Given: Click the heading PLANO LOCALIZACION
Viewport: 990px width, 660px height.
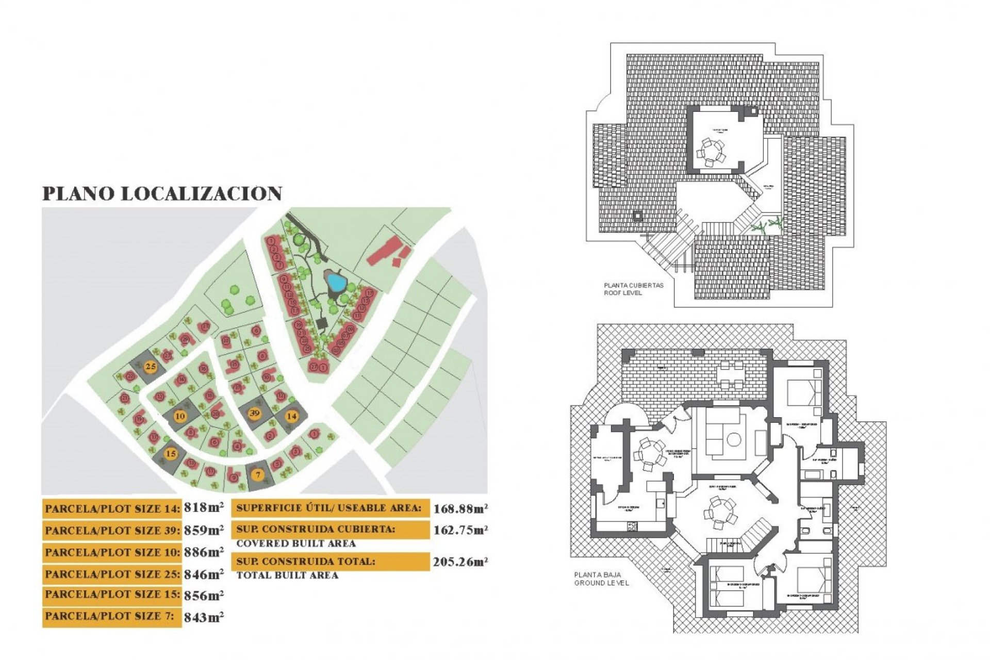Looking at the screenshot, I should (162, 193).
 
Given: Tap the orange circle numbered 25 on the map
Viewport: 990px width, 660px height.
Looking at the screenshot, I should (151, 367).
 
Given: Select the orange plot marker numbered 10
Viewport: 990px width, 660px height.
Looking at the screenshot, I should (180, 416).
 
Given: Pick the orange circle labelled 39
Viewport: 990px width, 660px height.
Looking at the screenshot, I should (254, 413).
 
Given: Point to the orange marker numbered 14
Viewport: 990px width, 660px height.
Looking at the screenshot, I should (292, 416).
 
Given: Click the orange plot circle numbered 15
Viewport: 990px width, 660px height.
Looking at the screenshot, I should (171, 454).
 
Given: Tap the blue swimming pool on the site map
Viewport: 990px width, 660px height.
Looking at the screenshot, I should (336, 282).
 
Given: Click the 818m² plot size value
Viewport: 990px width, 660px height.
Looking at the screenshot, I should (204, 508).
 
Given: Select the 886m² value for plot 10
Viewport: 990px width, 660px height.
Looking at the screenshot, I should (204, 552).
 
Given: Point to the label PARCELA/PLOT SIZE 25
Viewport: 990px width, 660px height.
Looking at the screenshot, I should (112, 574).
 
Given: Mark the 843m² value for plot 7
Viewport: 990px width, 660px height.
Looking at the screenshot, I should (204, 617).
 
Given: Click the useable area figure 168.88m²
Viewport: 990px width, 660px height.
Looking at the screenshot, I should (460, 509).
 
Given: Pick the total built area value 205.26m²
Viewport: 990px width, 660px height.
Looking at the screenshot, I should (460, 562).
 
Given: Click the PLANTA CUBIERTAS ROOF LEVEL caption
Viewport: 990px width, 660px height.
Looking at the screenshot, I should (626, 289).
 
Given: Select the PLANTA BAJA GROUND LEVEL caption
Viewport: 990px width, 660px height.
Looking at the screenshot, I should (601, 579).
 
